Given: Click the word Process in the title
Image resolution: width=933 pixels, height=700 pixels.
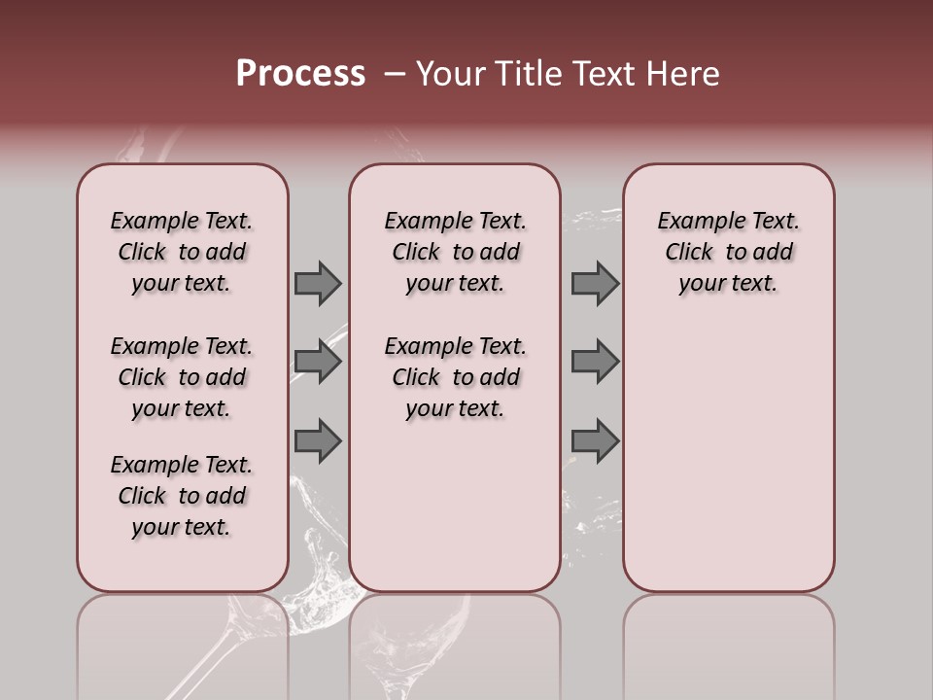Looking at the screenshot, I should (300, 74).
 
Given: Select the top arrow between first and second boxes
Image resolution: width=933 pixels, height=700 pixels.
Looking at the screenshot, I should (318, 283).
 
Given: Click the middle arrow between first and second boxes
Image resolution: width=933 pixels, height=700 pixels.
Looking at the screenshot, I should (318, 362).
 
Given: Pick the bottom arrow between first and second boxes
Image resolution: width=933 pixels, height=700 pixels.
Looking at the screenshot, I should (318, 441).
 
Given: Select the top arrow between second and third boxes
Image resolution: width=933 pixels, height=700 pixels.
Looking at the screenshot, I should (595, 283).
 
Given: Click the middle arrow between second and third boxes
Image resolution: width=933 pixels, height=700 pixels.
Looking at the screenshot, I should (595, 362).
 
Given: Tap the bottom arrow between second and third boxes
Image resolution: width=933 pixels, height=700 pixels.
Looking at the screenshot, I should (595, 441).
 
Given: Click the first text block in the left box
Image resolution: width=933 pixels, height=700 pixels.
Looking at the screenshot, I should (182, 252).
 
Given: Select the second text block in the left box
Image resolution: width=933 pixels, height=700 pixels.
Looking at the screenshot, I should (182, 377).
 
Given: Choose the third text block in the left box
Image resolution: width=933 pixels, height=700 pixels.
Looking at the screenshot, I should (182, 496).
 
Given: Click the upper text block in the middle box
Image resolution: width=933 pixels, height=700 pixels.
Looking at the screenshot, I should (455, 252).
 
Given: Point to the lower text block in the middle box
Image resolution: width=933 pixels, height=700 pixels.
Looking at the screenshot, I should (455, 377).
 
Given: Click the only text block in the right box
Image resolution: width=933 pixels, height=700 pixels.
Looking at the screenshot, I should (728, 252).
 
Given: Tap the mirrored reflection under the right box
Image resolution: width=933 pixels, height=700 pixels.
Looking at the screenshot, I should (728, 642).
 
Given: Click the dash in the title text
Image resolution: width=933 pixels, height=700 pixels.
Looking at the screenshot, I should (394, 75).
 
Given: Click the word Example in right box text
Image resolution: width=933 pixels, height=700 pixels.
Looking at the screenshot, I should (691, 222).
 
